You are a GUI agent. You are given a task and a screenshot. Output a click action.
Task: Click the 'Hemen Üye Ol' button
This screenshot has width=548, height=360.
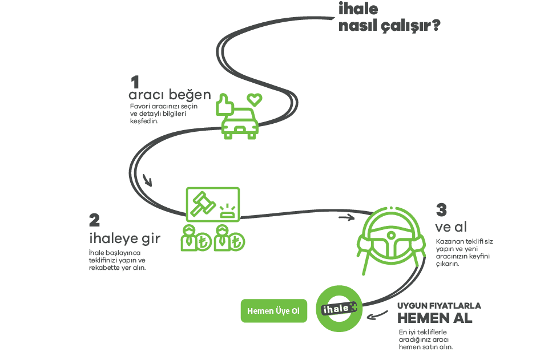273,311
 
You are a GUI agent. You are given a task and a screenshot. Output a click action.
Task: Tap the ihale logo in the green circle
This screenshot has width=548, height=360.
339,309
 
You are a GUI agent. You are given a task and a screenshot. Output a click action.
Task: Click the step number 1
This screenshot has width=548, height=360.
135,82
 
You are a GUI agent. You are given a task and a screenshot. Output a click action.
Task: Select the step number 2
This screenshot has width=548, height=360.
94,220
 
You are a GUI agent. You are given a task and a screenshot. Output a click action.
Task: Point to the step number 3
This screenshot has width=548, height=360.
441,210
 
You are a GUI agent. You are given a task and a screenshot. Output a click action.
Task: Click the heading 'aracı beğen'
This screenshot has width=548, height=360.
170,95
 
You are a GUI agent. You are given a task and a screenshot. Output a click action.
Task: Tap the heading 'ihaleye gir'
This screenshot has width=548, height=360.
124,238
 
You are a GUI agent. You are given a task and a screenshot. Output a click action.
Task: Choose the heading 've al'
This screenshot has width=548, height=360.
451,228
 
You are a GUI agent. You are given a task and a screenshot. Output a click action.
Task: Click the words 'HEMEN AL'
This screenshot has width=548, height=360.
435,318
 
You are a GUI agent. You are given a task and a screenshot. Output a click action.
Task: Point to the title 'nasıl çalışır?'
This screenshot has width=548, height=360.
389,26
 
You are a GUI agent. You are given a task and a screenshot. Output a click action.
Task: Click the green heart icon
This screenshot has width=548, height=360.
254,99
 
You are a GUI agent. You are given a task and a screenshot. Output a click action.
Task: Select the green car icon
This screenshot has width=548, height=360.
240,124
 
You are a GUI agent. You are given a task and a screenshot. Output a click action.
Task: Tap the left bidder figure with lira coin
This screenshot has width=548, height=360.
194,238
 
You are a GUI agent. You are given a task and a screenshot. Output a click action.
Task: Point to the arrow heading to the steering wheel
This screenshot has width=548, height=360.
346,217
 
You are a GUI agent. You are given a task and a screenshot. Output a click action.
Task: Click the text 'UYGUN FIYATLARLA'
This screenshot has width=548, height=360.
439,306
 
